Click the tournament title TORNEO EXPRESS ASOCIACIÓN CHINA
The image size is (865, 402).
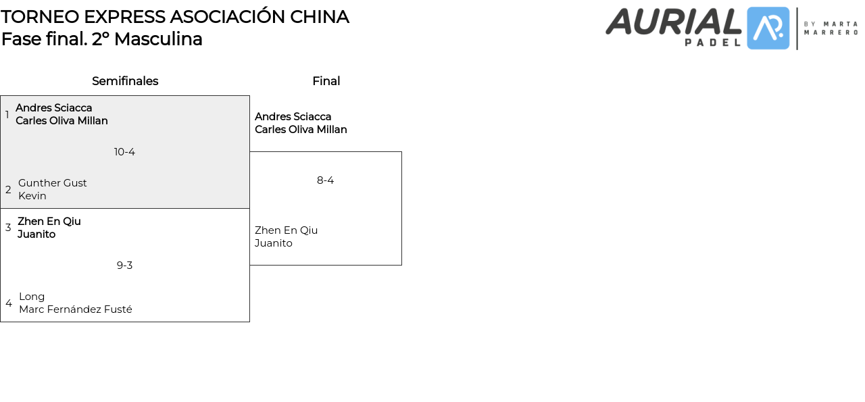(175, 17)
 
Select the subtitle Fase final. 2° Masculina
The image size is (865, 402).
(102, 39)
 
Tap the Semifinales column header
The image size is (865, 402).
(125, 81)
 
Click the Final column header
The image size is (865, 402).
(326, 81)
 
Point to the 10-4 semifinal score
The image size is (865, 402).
(124, 152)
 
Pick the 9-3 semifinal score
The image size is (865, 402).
(124, 266)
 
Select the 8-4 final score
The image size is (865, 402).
(325, 180)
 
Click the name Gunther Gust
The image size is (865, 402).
(53, 183)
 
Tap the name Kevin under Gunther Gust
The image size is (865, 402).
(32, 196)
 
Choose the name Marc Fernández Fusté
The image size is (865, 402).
(76, 309)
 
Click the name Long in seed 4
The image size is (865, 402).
(32, 297)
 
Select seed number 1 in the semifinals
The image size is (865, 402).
(7, 115)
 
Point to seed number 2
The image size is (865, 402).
(8, 190)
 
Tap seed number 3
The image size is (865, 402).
(8, 228)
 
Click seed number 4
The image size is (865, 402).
(8, 303)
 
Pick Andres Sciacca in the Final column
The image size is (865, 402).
(293, 117)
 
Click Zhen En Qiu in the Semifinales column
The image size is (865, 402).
(49, 222)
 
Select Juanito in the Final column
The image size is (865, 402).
(274, 243)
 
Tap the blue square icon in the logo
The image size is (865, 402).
(768, 28)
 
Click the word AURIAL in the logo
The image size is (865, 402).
(673, 22)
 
